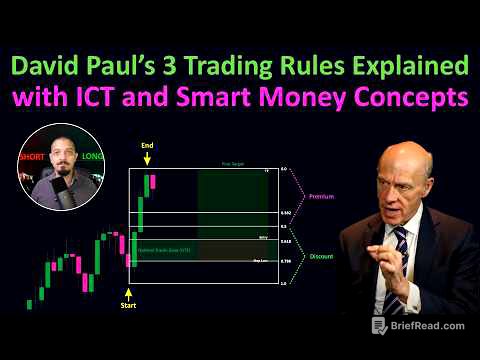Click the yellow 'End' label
tap(149, 145)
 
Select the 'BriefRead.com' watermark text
tap(431, 325)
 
